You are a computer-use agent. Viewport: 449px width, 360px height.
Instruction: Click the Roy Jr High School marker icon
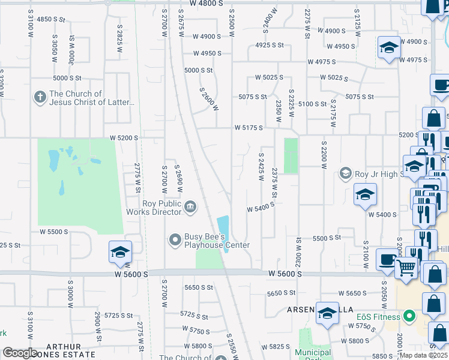(346, 174)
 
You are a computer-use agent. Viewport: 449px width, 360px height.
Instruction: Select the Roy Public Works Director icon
(190, 207)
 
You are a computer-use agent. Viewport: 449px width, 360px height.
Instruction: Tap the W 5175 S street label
(249, 128)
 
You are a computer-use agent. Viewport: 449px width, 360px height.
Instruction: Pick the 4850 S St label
(50, 19)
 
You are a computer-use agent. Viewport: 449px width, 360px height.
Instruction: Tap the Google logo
(20, 353)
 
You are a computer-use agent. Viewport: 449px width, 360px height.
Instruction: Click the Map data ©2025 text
(423, 355)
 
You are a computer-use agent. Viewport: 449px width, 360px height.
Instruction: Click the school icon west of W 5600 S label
(120, 253)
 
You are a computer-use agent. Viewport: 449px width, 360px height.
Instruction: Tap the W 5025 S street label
(269, 77)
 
